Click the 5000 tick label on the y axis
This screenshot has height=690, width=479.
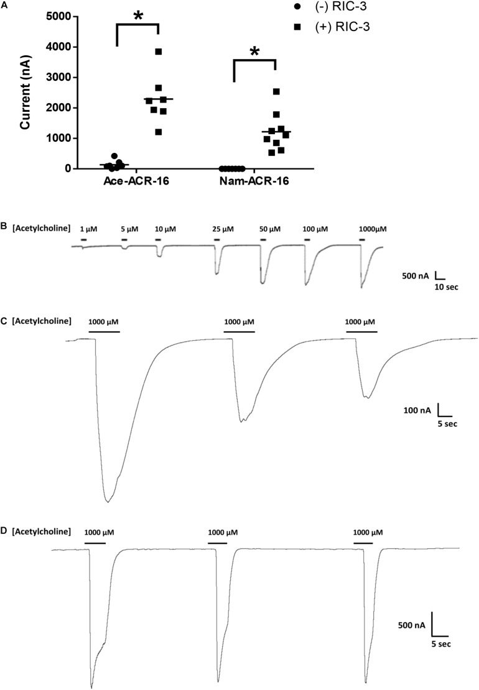point(60,17)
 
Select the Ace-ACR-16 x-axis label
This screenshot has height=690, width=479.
point(136,181)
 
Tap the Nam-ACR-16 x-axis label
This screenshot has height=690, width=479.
point(254,181)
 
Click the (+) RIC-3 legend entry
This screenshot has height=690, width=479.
point(332,27)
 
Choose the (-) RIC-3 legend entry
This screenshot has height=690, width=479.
point(330,7)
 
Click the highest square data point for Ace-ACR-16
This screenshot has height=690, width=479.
point(159,52)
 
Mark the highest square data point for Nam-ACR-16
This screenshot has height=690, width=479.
point(276,91)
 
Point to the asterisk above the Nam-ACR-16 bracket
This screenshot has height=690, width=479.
point(255,52)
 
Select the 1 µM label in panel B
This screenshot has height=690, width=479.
point(88,229)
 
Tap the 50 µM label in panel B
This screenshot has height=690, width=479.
point(269,229)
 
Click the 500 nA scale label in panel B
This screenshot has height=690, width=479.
point(415,277)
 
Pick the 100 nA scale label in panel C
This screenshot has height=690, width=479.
point(417,410)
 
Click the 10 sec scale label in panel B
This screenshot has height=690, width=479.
point(445,287)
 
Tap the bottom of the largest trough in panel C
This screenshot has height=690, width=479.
point(108,502)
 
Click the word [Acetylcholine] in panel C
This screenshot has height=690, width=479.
point(42,321)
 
